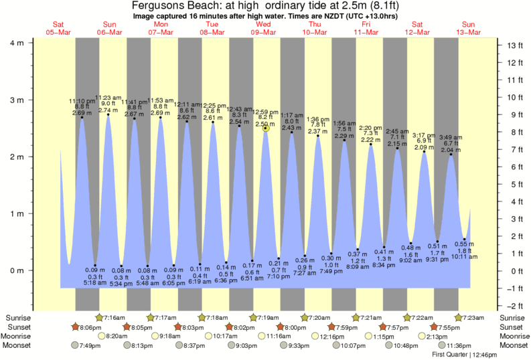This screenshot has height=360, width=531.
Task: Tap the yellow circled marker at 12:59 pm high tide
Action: pyautogui.click(x=266, y=127)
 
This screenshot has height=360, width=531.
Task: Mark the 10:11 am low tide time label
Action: pyautogui.click(x=463, y=256)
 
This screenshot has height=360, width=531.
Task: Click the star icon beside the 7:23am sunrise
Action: pyautogui.click(x=459, y=317)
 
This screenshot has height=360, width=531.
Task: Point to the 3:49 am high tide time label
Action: pyautogui.click(x=449, y=137)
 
